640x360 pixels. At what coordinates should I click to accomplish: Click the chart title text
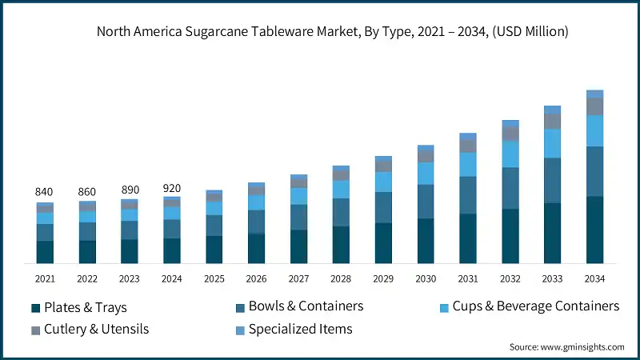(x=332, y=32)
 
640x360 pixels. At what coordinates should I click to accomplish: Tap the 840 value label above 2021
(x=44, y=192)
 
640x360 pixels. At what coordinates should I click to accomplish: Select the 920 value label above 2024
(x=171, y=188)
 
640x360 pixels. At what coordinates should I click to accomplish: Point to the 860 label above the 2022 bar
(x=86, y=192)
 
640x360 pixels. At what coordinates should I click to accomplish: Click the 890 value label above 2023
(x=129, y=190)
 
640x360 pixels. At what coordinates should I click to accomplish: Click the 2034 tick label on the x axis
(x=594, y=279)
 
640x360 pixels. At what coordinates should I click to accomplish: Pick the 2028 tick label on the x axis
(x=341, y=279)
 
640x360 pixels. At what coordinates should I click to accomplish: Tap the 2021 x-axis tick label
(x=44, y=279)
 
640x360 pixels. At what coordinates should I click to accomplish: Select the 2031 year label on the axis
(x=467, y=279)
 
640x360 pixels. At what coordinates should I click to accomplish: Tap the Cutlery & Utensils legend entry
(x=89, y=329)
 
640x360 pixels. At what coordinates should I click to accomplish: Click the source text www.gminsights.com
(x=566, y=347)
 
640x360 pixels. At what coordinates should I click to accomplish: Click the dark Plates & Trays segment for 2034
(x=594, y=230)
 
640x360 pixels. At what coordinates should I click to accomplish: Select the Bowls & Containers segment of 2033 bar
(x=552, y=181)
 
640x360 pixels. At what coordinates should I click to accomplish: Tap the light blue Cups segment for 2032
(x=510, y=154)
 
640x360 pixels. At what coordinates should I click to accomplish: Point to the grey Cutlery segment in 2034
(x=594, y=106)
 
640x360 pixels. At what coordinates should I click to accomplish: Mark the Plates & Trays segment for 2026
(x=256, y=248)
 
